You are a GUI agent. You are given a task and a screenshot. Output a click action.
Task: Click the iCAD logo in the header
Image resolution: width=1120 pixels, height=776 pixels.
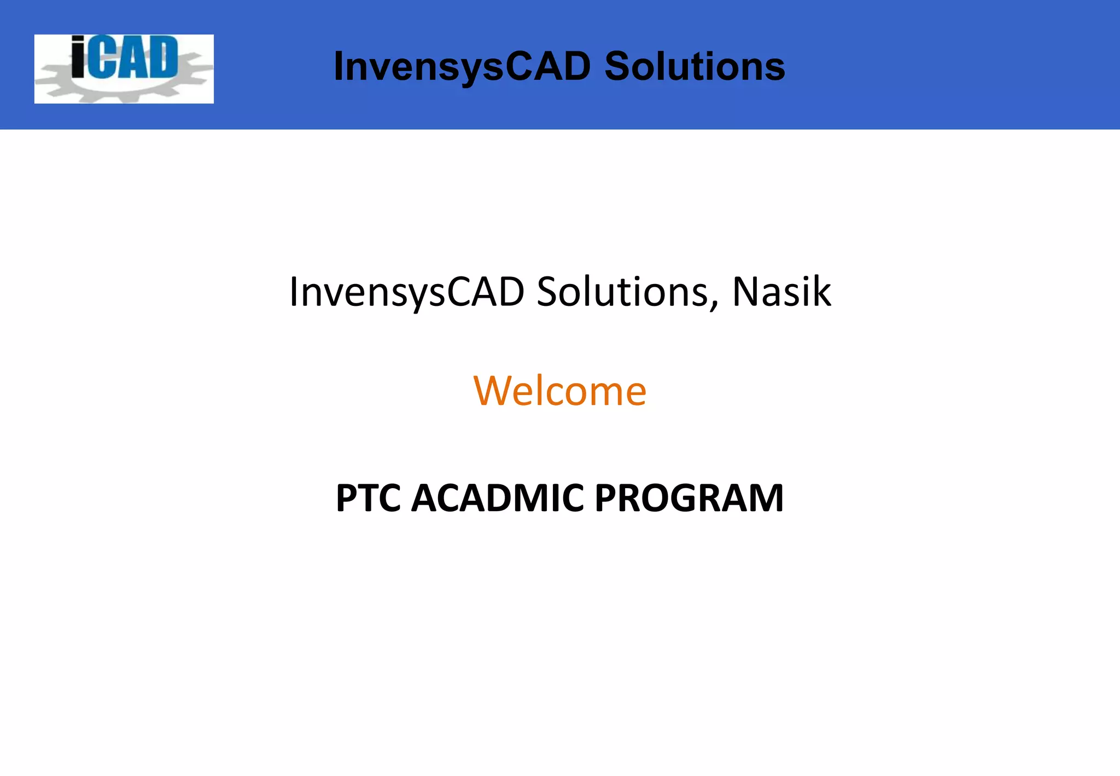pyautogui.click(x=124, y=69)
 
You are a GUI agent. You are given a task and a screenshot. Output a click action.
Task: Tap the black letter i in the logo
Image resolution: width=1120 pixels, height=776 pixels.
pyautogui.click(x=78, y=56)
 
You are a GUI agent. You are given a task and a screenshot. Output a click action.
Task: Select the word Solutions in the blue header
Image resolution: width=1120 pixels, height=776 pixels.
pyautogui.click(x=695, y=66)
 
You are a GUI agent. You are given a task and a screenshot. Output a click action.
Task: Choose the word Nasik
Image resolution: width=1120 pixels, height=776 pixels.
pyautogui.click(x=781, y=292)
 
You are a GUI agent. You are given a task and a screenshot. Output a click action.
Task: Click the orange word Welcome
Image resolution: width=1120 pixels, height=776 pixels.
pyautogui.click(x=559, y=391)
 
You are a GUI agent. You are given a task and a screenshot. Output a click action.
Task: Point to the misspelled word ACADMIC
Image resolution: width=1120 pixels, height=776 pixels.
pyautogui.click(x=497, y=498)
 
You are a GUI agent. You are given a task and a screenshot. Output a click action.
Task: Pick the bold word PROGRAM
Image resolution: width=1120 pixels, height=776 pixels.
pyautogui.click(x=689, y=498)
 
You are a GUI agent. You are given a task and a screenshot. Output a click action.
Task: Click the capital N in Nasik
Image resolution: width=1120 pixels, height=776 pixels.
pyautogui.click(x=746, y=292)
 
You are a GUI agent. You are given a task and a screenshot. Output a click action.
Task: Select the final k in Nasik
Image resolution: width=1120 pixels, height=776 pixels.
pyautogui.click(x=822, y=292)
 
